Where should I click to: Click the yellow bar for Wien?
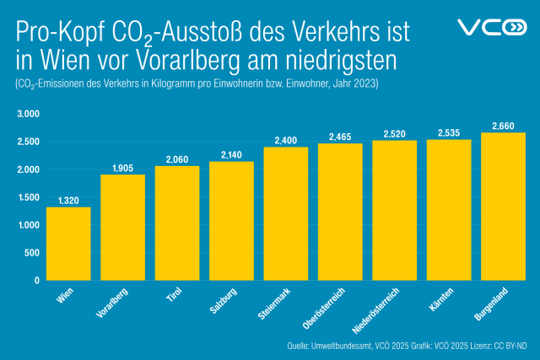click(68, 244)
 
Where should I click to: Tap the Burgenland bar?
click(503, 207)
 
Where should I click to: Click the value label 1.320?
click(68, 200)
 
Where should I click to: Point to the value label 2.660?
click(503, 126)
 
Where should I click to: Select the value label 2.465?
click(340, 137)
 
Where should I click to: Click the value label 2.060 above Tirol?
click(177, 159)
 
